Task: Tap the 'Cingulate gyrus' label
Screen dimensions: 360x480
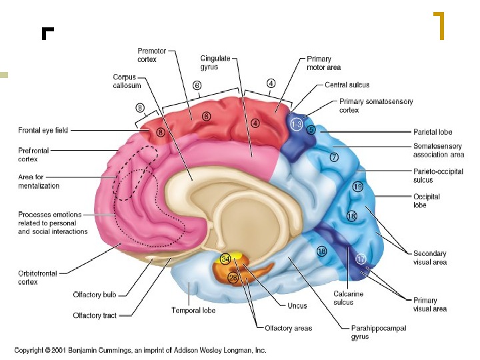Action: [215, 63]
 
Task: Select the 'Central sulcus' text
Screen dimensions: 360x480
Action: [347, 85]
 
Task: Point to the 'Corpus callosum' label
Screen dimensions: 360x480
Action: [125, 81]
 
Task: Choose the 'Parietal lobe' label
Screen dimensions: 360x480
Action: [433, 132]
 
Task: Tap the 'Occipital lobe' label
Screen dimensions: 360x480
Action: [426, 201]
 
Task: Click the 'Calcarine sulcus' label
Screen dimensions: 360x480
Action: [348, 298]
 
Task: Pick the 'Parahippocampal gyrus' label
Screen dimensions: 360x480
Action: [378, 332]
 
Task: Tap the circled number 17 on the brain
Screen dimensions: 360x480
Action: [361, 259]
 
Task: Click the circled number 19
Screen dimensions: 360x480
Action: [357, 187]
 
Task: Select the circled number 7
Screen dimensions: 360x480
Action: [334, 157]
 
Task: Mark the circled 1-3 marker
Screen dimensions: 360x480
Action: [296, 125]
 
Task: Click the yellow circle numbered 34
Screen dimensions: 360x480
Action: [226, 258]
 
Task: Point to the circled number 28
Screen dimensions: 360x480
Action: [233, 278]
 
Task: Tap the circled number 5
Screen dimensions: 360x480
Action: [311, 129]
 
